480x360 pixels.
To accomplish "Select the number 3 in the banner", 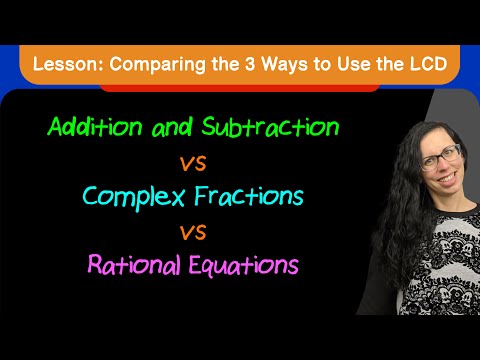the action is click(x=250, y=64).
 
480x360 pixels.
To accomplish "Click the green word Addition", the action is click(x=95, y=127).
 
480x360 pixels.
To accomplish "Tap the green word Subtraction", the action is click(x=270, y=127).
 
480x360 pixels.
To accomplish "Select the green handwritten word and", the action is click(x=172, y=127).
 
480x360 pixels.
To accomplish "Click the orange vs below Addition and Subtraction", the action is click(x=193, y=164).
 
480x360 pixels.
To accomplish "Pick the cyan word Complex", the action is click(x=133, y=197).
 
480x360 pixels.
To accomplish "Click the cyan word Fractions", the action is click(x=249, y=196).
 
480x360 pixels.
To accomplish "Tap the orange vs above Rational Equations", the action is click(x=193, y=232).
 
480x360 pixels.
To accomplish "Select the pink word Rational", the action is click(x=134, y=264).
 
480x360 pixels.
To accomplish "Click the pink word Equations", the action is click(x=244, y=266).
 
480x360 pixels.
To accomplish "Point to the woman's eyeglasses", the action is click(x=441, y=156).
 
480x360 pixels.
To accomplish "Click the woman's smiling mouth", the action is click(x=447, y=177).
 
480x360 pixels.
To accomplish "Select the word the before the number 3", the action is click(x=225, y=64).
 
